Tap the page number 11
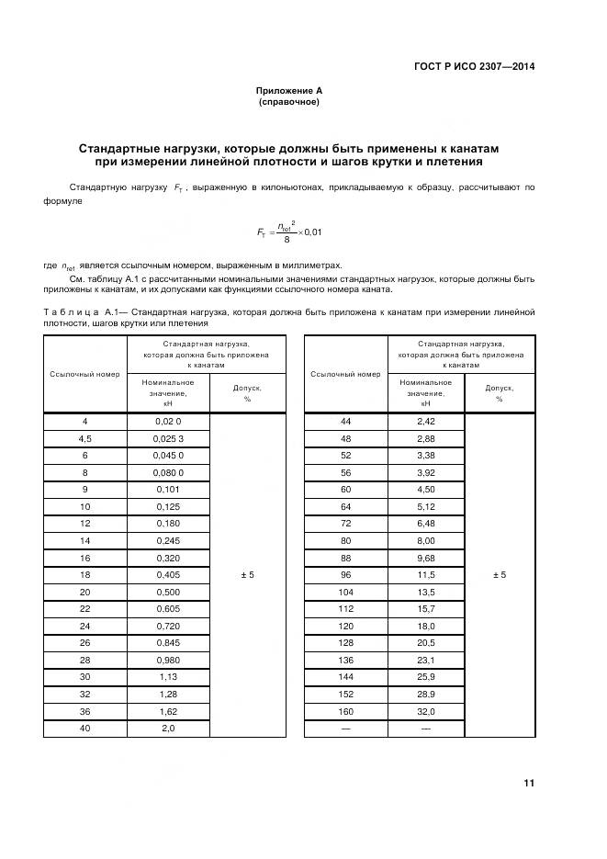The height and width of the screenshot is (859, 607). [529, 783]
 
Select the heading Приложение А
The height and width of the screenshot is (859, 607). [288, 90]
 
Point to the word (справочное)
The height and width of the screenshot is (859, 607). [288, 102]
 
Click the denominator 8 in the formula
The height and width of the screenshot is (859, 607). [287, 240]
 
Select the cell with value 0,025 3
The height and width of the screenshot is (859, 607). [168, 438]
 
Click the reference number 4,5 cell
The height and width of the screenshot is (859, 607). [84, 438]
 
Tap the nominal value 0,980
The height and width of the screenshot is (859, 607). [168, 660]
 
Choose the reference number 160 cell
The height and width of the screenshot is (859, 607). [345, 711]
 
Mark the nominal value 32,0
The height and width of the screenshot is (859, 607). [425, 711]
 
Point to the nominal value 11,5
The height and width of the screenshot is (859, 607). [425, 575]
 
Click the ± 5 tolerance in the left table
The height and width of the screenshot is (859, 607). [245, 575]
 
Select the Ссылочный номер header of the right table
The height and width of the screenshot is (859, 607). [345, 374]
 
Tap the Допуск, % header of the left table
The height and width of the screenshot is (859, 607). [245, 393]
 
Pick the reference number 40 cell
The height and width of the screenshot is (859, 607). [84, 728]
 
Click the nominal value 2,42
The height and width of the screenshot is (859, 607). [425, 421]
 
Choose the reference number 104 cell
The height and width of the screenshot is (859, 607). [345, 592]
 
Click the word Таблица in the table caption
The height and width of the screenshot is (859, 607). [71, 312]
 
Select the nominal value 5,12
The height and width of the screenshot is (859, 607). [425, 506]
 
